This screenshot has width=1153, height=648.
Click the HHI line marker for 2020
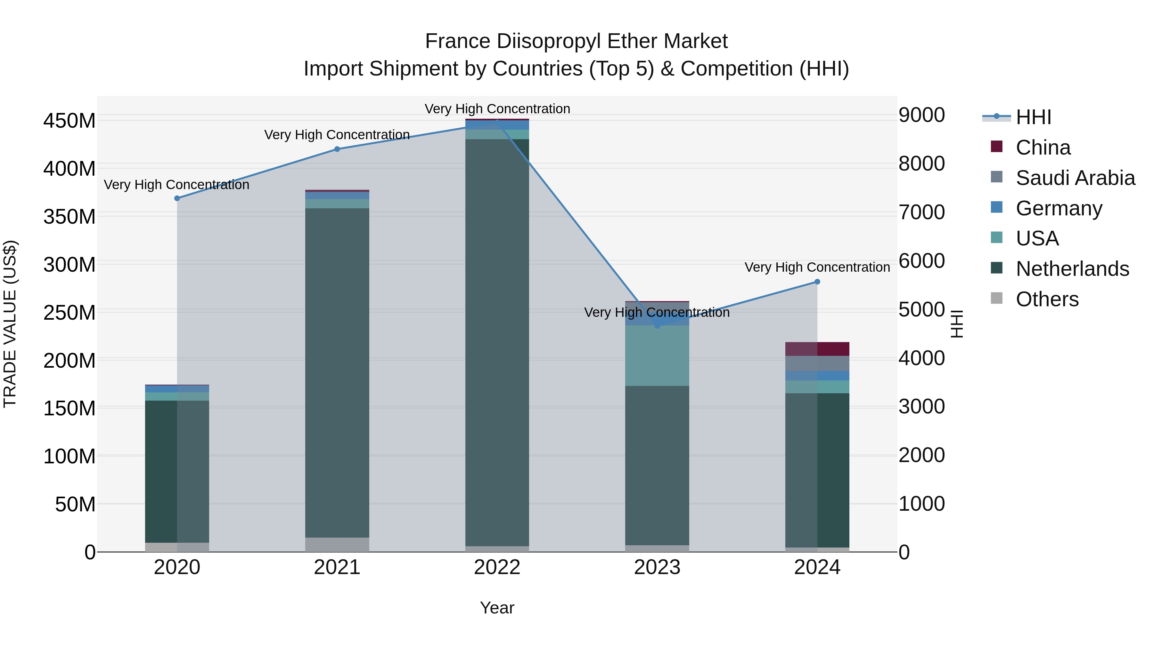[177, 198]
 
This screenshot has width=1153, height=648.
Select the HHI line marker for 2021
[337, 149]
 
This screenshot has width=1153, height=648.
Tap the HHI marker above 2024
[817, 282]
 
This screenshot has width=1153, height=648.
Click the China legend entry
[1043, 148]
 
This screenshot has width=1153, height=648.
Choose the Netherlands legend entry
[1072, 269]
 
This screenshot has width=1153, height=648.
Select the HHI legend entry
[1033, 117]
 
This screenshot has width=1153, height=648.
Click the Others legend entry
[1047, 299]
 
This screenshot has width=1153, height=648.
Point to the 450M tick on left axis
[70, 121]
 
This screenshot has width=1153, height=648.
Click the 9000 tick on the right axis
[921, 115]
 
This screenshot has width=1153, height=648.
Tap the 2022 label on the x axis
[497, 567]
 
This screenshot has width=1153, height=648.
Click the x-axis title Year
[497, 608]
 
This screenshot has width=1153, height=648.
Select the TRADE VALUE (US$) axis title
[10, 324]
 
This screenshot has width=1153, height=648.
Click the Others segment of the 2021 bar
[337, 544]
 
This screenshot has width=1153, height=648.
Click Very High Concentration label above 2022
[497, 109]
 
